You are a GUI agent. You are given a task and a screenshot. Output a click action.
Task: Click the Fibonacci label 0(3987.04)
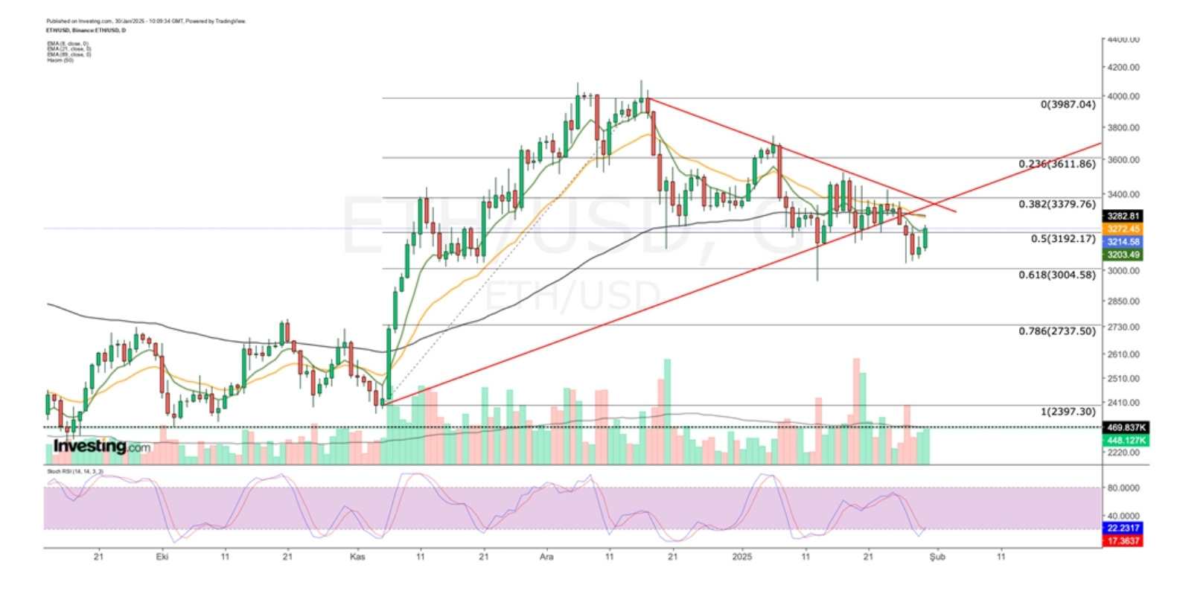click(1068, 104)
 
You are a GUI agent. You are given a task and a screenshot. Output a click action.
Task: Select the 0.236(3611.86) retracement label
click(1057, 164)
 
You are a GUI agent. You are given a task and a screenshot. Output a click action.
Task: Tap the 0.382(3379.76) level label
click(1057, 204)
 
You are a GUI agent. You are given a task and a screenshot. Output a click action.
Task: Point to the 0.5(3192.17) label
click(1063, 239)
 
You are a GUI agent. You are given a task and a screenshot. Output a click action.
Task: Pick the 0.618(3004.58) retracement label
click(1057, 275)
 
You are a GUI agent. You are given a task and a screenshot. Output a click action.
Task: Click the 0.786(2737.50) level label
click(1057, 330)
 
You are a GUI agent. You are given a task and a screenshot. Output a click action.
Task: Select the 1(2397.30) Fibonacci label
click(1068, 412)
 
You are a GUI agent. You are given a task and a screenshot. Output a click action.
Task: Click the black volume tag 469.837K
click(1126, 427)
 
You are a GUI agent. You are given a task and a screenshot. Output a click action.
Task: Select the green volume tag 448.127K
click(1126, 441)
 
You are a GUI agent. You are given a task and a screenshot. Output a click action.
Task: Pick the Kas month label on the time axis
click(357, 556)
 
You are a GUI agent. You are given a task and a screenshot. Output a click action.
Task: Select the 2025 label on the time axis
click(742, 556)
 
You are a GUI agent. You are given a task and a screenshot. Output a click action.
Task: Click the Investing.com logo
click(101, 447)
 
